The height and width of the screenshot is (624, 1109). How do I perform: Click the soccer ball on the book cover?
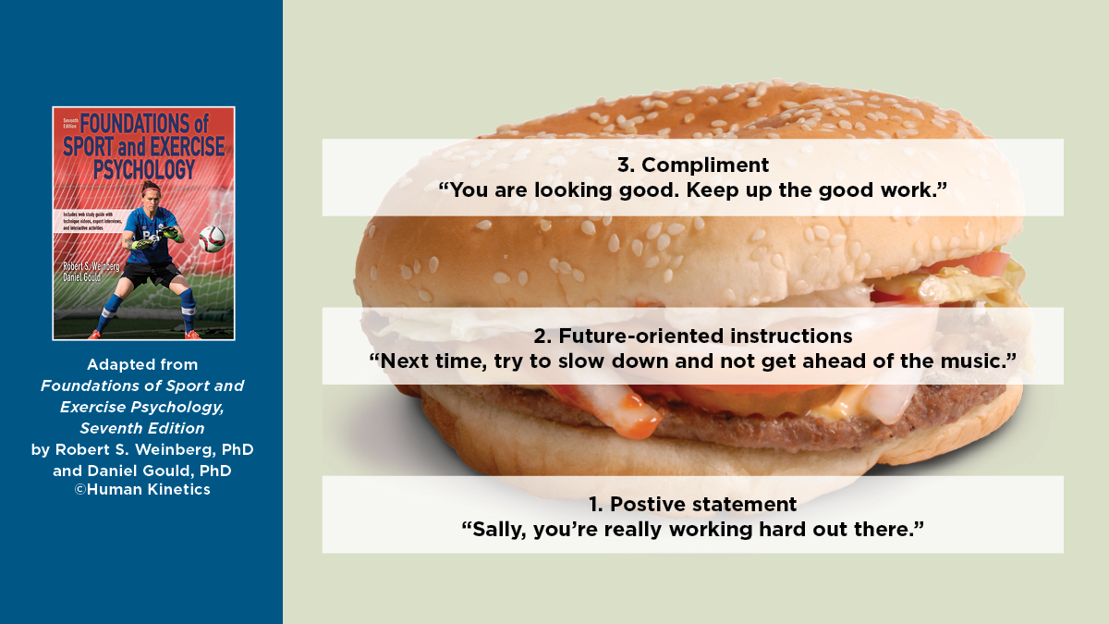[212, 239]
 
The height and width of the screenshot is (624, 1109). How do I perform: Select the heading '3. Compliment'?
[692, 165]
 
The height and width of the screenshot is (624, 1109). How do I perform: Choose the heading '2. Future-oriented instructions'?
[692, 336]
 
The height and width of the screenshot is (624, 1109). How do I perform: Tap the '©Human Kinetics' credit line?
[142, 490]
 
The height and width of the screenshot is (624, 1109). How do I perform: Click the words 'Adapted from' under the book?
[142, 364]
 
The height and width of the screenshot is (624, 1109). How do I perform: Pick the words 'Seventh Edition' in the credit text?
[142, 428]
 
